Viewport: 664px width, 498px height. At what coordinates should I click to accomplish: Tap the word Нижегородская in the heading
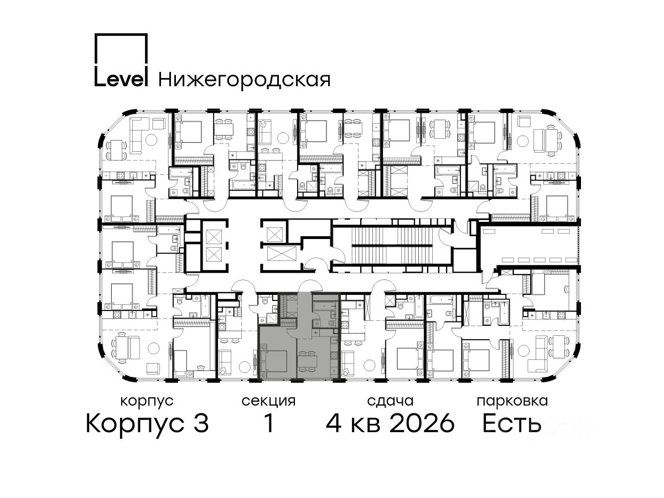tap(245, 80)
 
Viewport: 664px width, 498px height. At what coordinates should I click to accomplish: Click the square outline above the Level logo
tap(121, 48)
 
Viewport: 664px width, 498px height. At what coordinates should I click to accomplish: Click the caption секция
tap(268, 402)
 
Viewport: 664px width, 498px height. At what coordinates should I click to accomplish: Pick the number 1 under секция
tap(269, 423)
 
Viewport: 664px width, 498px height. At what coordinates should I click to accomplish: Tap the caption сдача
tap(390, 402)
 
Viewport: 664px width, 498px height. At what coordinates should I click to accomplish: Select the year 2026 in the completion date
tap(422, 424)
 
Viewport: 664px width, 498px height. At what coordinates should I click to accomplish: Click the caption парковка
tap(512, 402)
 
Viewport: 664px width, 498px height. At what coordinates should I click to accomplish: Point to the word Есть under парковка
tap(511, 424)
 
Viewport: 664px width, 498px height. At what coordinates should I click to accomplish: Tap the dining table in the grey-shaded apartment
tap(307, 361)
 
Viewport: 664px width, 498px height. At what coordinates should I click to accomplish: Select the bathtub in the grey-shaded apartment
tap(324, 307)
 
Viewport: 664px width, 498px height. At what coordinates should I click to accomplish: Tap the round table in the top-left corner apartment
tap(151, 139)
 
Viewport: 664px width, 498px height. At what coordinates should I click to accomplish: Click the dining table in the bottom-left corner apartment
tap(121, 350)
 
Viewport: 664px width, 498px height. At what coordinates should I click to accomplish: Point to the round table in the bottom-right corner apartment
tap(523, 351)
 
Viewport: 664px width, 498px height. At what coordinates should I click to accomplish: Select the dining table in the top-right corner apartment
tap(551, 140)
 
